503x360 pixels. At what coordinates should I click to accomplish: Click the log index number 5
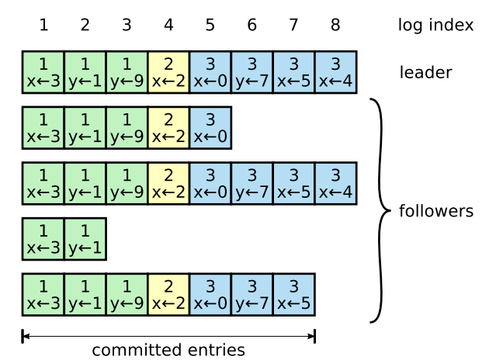(210, 26)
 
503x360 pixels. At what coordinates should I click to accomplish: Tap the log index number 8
(335, 26)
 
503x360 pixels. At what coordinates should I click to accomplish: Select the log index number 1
(43, 26)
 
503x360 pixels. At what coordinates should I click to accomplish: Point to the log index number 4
(168, 26)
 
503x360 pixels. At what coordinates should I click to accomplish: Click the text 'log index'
(435, 26)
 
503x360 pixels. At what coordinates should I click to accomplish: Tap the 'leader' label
(425, 73)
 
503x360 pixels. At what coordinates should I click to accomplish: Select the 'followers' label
(435, 211)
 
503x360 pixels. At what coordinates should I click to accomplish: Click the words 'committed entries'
(168, 351)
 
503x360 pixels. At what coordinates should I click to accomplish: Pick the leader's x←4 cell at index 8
(335, 72)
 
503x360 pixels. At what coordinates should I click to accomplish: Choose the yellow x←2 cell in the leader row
(168, 72)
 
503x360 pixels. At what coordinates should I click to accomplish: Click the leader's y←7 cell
(252, 72)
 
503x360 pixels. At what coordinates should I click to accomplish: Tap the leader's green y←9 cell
(127, 72)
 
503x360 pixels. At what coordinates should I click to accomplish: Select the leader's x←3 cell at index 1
(43, 72)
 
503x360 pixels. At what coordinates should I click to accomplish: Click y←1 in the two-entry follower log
(85, 239)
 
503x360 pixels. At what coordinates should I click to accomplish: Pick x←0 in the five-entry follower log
(210, 128)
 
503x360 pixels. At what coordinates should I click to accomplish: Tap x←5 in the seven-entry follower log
(293, 294)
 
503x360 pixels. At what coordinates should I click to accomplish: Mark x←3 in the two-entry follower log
(43, 239)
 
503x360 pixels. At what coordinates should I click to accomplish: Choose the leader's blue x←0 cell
(210, 72)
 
